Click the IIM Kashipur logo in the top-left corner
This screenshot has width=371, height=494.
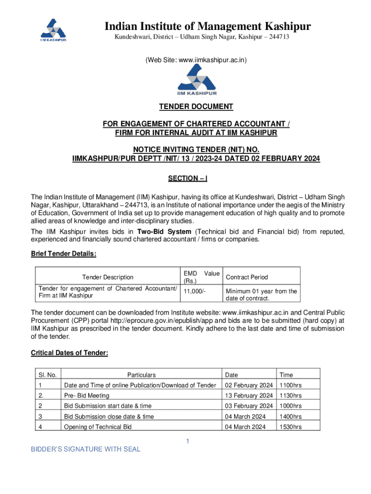pos(53,30)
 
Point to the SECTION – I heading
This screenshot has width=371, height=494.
pos(187,179)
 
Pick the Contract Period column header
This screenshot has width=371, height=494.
pos(247,277)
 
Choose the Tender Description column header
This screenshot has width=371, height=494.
pos(108,277)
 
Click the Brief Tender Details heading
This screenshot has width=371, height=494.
pos(64,254)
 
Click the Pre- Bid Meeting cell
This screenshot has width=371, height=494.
pos(87,396)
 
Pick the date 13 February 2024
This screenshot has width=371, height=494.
pos(249,396)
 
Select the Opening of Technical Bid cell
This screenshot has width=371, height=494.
pos(98,427)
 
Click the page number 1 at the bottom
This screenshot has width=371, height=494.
pos(188,441)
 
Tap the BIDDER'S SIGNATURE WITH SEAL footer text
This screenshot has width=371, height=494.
pos(86,450)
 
